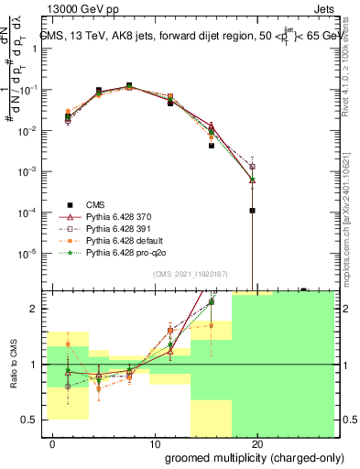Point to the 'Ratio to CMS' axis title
tap(12, 365)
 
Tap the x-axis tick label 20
tap(257, 444)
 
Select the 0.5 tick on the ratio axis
tap(27, 420)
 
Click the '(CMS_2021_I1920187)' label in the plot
tap(190, 274)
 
